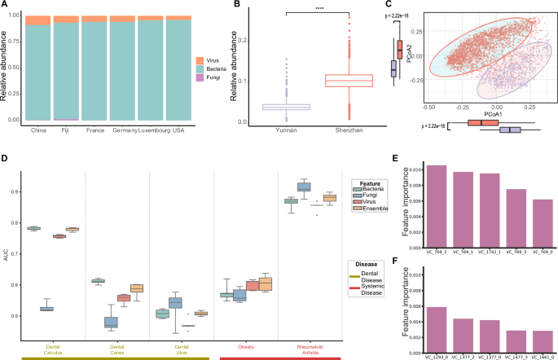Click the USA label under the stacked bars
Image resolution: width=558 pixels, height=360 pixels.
coord(178,129)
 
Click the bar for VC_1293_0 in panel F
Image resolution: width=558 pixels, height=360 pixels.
coord(437,327)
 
